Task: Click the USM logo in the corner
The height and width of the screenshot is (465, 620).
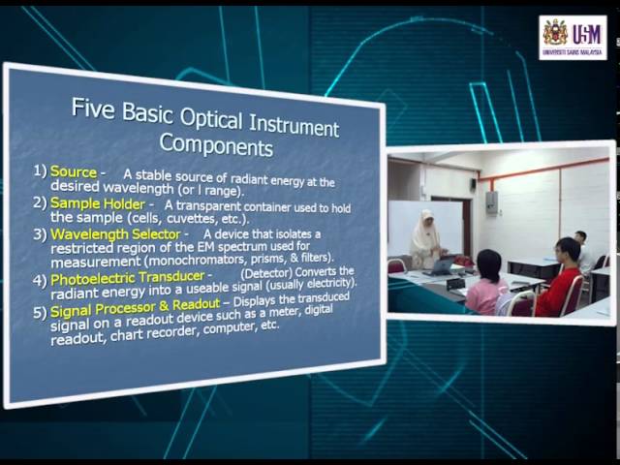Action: (x=573, y=37)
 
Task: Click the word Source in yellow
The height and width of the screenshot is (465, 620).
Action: (x=74, y=172)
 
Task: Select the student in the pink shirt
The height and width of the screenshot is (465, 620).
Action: (x=486, y=283)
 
